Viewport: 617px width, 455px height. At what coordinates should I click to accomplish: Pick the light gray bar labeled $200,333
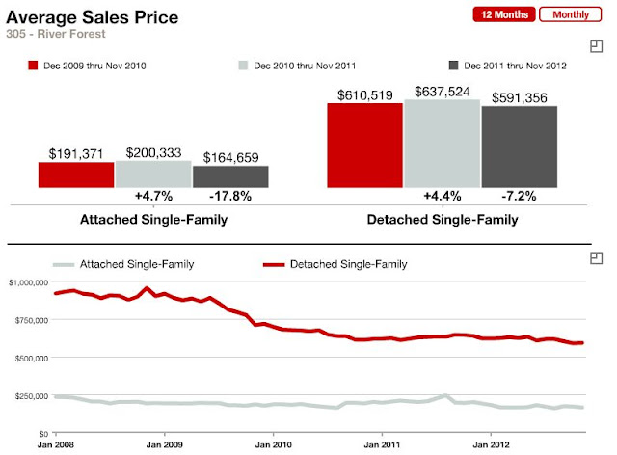pos(153,174)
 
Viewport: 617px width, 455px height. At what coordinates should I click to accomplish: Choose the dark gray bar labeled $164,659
pos(230,176)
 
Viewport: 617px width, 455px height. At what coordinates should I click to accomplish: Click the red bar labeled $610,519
pos(364,145)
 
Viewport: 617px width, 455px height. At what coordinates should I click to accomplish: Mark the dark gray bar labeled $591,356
pos(519,147)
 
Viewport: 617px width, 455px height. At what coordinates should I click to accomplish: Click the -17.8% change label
pos(231,196)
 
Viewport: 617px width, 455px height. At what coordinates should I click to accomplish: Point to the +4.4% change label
pos(442,196)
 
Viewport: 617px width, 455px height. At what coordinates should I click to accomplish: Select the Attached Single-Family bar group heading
pos(153,220)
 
